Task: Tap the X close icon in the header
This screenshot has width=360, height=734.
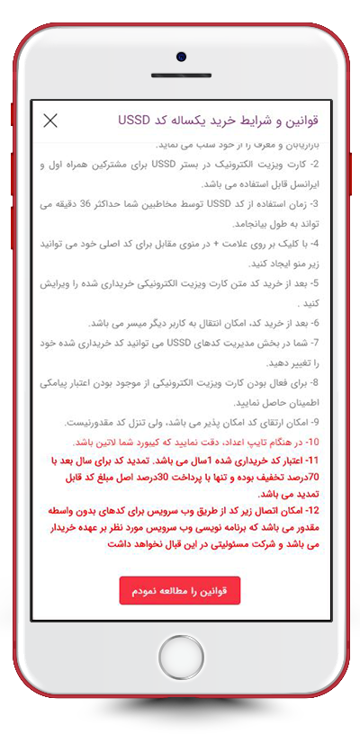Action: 50,121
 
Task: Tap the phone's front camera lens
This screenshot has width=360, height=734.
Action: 181,57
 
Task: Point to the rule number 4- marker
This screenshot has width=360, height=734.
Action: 322,244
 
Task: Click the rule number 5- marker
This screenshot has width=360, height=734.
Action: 322,283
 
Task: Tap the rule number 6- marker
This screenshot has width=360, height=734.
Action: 322,323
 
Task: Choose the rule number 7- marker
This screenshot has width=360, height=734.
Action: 322,343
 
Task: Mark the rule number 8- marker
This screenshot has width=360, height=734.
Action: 322,382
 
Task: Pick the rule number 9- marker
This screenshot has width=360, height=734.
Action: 322,422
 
